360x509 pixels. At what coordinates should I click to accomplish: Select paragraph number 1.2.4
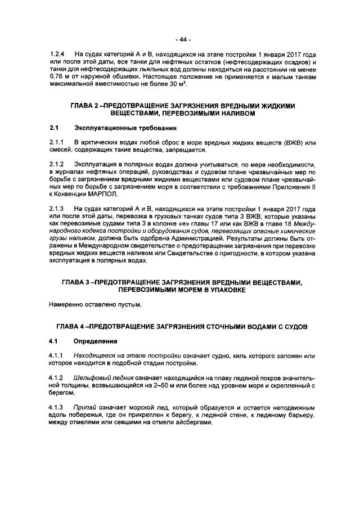57,55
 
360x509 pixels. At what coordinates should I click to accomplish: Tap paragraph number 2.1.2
57,164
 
